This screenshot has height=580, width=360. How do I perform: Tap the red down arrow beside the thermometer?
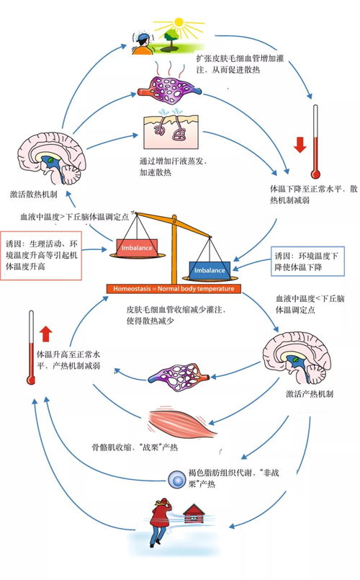point(300,145)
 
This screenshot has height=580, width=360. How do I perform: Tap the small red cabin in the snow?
point(194,514)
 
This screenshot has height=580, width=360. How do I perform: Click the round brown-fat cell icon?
point(176,478)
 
